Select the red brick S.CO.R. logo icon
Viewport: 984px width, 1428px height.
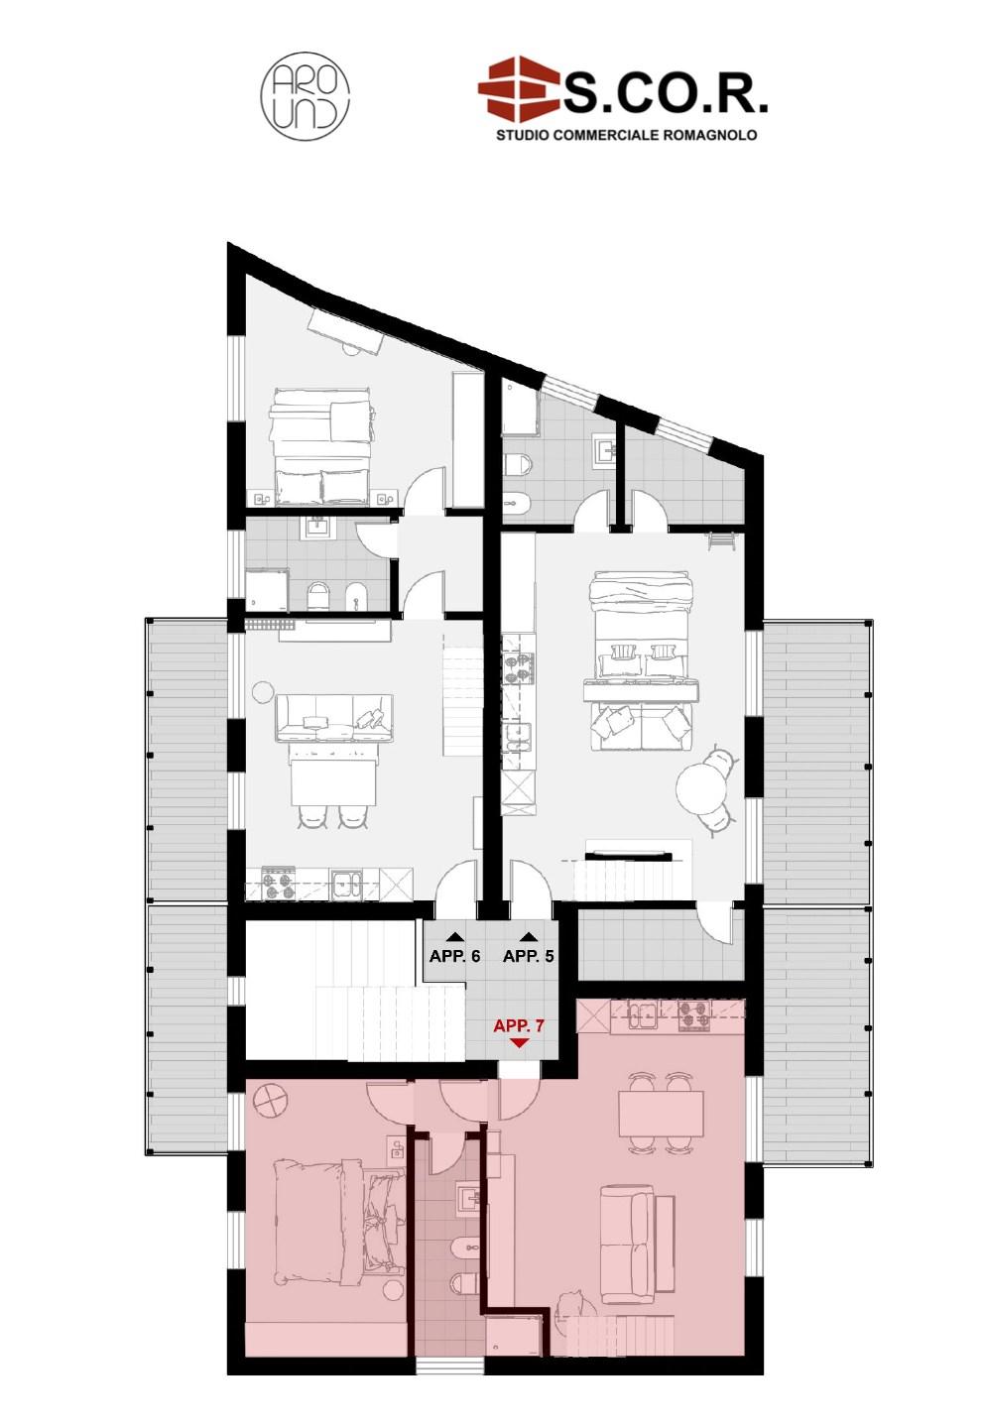519,88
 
